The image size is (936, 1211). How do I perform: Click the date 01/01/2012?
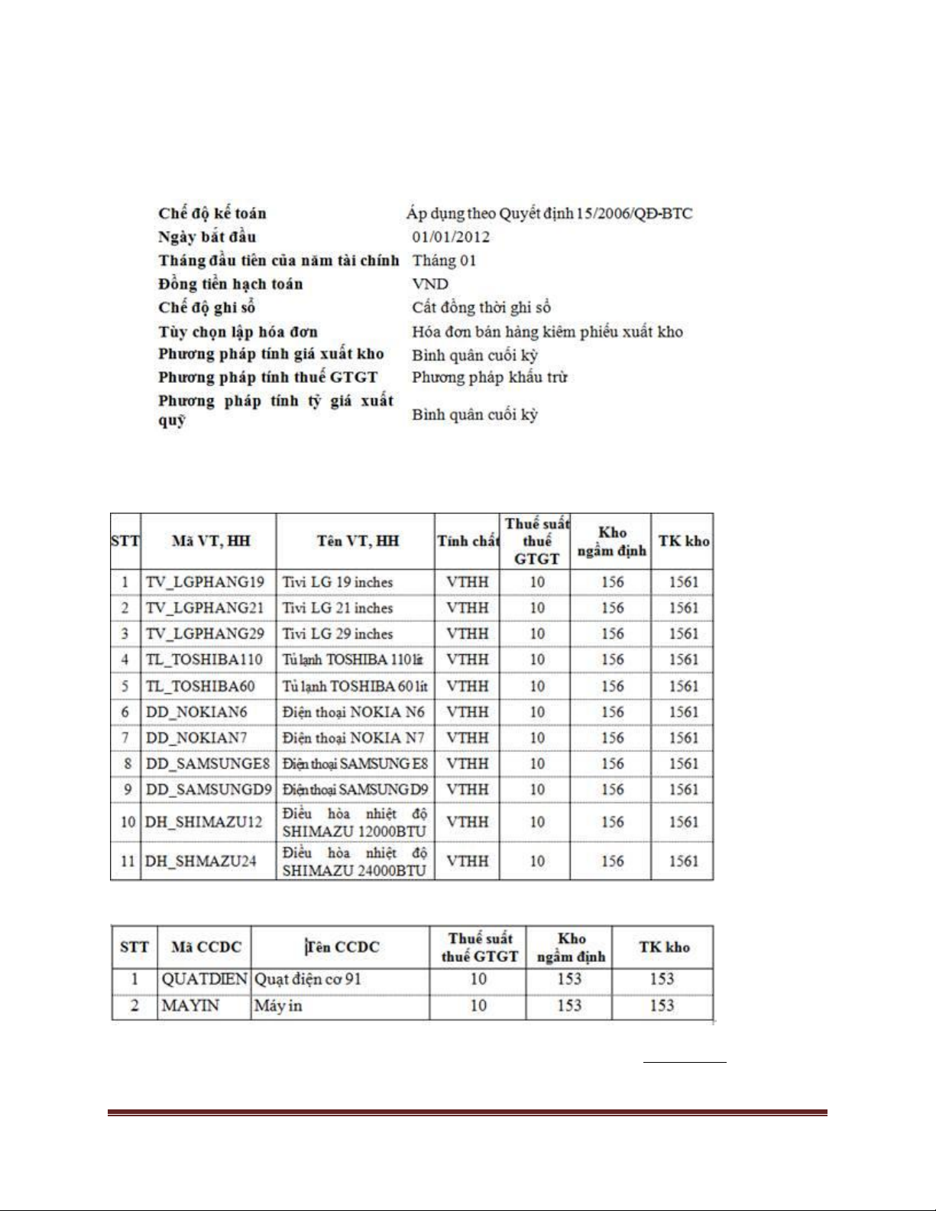coord(451,237)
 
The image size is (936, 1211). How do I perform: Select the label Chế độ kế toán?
coord(212,213)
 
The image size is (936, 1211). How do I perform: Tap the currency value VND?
coord(430,284)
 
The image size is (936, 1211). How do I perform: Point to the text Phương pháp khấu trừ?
coord(489,377)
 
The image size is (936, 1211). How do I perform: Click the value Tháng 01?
coord(444,261)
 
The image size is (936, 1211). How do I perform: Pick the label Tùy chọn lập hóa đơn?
coord(238,332)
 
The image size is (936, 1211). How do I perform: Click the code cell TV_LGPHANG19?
coord(205,582)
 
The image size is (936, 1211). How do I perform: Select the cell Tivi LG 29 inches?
coord(337,634)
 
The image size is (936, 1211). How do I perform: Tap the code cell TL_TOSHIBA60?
coord(200,686)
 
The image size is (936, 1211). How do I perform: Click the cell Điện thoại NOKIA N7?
coord(353,738)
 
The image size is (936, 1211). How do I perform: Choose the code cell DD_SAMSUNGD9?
coord(208,789)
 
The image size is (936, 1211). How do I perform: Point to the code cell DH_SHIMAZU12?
coord(203,822)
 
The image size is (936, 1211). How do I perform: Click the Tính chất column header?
coord(468,541)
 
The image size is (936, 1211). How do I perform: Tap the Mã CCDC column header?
coord(206,947)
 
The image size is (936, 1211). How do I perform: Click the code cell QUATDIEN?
coord(204,979)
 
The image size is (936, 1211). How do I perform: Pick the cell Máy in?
coord(278,1005)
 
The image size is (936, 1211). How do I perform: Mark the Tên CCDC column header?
coord(342,947)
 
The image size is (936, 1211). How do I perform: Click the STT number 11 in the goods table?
coord(127,861)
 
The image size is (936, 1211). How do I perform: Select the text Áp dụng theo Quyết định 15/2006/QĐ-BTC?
coord(549,213)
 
